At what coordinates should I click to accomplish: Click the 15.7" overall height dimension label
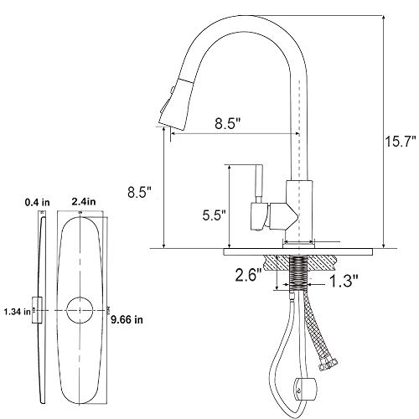[x=401, y=142]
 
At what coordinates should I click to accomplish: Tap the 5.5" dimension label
[x=214, y=215]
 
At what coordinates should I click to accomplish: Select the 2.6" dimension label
[x=248, y=276]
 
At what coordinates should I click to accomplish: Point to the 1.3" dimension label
[x=344, y=281]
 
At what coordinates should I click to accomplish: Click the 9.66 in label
[x=127, y=319]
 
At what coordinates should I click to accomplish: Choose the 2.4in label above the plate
[x=84, y=201]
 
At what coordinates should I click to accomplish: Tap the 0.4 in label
[x=38, y=202]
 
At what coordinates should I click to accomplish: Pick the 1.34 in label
[x=18, y=312]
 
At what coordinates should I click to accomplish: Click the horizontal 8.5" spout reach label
[x=228, y=123]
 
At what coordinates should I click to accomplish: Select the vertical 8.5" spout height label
[x=139, y=193]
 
